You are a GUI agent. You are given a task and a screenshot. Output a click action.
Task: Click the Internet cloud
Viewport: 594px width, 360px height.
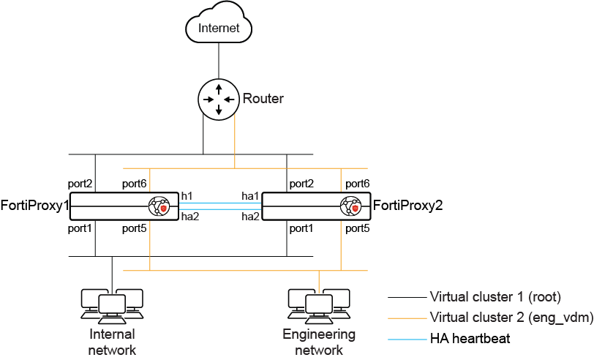(x=219, y=28)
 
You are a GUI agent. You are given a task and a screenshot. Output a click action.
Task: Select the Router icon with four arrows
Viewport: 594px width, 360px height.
(x=218, y=99)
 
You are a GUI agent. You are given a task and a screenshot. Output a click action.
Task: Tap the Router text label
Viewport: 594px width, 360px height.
(x=263, y=99)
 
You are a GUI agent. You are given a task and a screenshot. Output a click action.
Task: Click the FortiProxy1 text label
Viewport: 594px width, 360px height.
(x=34, y=206)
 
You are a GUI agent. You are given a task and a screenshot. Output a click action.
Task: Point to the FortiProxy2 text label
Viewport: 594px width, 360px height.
(x=408, y=206)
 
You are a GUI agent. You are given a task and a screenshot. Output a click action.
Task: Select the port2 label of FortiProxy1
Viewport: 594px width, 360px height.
(x=80, y=183)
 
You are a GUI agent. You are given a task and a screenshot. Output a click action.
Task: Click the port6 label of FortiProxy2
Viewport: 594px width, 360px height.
(x=357, y=183)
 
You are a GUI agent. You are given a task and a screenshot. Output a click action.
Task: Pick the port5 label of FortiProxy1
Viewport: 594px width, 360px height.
(x=135, y=229)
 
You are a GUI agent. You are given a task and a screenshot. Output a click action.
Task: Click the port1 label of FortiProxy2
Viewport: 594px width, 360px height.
(x=301, y=229)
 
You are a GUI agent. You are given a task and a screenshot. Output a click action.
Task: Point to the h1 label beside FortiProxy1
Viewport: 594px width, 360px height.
(x=187, y=195)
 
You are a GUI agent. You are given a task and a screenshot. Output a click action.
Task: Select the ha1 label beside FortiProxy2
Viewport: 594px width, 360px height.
(x=250, y=195)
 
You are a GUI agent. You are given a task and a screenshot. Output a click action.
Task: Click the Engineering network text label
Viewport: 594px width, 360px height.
(x=319, y=342)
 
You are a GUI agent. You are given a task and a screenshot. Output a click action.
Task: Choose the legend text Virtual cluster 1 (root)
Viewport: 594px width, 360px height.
(x=495, y=297)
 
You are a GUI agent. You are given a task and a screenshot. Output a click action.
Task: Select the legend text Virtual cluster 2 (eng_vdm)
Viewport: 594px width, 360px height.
(x=511, y=318)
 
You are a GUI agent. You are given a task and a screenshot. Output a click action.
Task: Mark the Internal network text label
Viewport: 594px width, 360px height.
(x=112, y=342)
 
